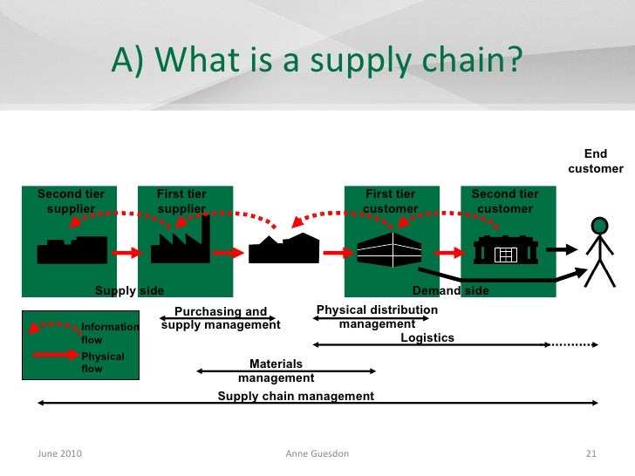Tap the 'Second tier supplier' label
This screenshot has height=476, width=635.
pos(70,201)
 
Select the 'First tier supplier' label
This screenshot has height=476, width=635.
pos(181,201)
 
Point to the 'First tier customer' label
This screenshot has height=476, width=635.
pos(390,201)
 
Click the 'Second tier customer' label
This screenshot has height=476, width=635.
pos(505,201)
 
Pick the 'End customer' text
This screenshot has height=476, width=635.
pos(596,161)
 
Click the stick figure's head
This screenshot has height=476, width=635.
pos(598,225)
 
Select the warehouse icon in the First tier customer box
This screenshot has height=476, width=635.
pos(390,251)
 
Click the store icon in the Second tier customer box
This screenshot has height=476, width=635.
pos(506,251)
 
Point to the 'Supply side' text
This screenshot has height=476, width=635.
pos(129,290)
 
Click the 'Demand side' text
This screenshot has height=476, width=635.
pos(450,290)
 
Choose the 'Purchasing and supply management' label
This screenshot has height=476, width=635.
pos(221,318)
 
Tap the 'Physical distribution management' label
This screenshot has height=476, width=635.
pos(377,316)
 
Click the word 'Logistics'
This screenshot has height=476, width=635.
pos(427,338)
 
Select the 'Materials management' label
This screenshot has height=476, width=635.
pos(276,371)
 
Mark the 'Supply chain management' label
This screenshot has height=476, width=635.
pos(296,396)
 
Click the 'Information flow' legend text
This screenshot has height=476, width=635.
pos(109,333)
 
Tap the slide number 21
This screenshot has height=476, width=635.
pos(591,453)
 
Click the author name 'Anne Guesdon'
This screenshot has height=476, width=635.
pos(317,453)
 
